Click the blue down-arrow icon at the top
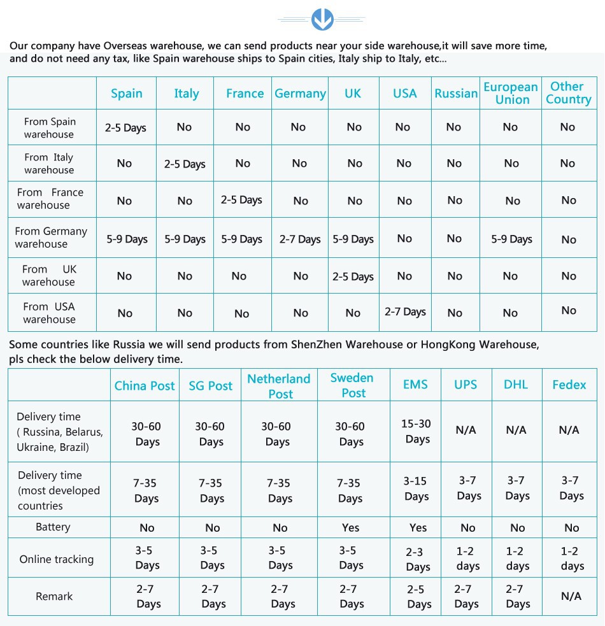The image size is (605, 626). (x=322, y=19)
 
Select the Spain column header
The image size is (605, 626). (x=126, y=94)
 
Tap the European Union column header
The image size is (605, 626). (x=511, y=93)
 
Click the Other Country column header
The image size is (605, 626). (x=568, y=93)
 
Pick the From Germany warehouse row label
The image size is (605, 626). (x=51, y=238)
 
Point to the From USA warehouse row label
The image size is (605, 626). (x=49, y=313)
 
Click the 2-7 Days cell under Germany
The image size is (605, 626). (x=300, y=239)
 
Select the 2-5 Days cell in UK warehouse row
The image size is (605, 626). (x=353, y=276)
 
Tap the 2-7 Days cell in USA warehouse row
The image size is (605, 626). (x=405, y=312)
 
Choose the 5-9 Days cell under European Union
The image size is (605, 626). (x=511, y=239)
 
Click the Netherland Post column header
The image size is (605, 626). (x=279, y=386)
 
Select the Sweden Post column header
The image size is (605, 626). (x=352, y=385)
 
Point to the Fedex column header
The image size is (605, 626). (x=569, y=385)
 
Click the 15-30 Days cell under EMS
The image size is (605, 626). (x=416, y=431)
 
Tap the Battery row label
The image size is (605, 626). (x=53, y=527)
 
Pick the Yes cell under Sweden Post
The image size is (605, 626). (x=350, y=527)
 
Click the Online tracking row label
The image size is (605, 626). (x=56, y=559)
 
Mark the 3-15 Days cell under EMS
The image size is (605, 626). (x=416, y=488)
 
